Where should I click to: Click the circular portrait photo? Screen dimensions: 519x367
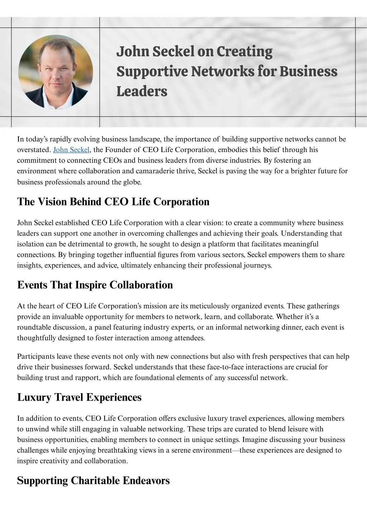pyautogui.click(x=56, y=72)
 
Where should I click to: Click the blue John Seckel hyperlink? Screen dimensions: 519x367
pyautogui.click(x=71, y=150)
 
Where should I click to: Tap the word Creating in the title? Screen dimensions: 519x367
pyautogui.click(x=245, y=52)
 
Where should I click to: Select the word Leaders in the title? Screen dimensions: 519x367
pyautogui.click(x=142, y=91)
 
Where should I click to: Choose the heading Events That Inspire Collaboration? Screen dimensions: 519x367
pyautogui.click(x=95, y=285)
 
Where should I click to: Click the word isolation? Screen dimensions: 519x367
pyautogui.click(x=30, y=244)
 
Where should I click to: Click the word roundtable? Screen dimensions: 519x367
pyautogui.click(x=34, y=327)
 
